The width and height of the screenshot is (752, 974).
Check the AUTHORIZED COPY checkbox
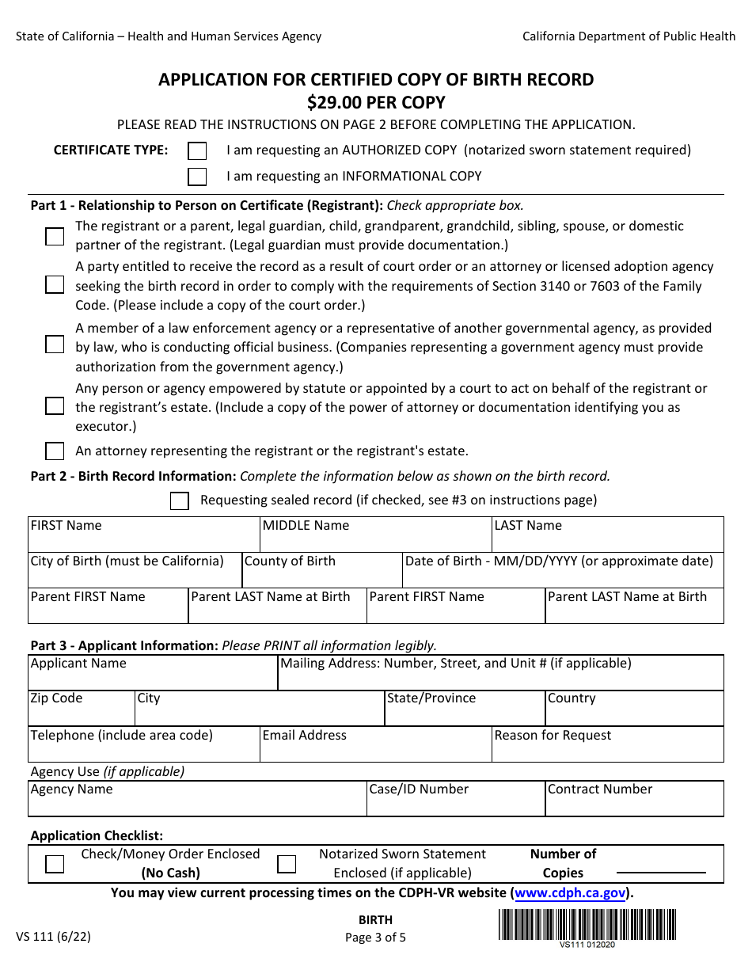coord(197,150)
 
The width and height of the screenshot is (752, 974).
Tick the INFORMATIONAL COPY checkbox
coord(197,177)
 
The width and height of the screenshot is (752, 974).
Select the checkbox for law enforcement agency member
coord(55,344)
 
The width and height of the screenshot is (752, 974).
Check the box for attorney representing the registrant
coord(55,451)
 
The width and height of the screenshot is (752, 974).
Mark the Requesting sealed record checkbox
coord(180,500)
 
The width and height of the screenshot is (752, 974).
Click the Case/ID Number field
coord(456,804)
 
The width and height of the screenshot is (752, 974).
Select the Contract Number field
coord(634,804)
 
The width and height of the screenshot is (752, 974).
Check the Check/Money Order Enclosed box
coord(55,864)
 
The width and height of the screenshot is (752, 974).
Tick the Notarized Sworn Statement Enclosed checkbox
coord(287,864)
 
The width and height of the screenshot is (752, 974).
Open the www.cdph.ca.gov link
coord(570,893)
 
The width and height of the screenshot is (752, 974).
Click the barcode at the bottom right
coord(587,924)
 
